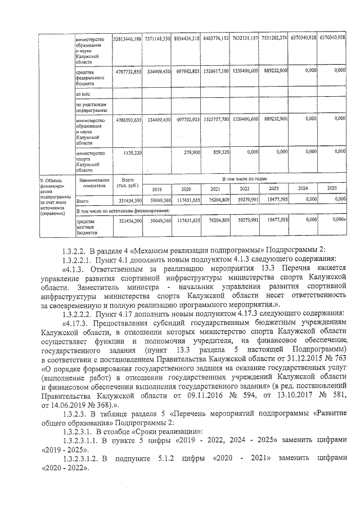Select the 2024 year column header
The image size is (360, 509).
point(303,188)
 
